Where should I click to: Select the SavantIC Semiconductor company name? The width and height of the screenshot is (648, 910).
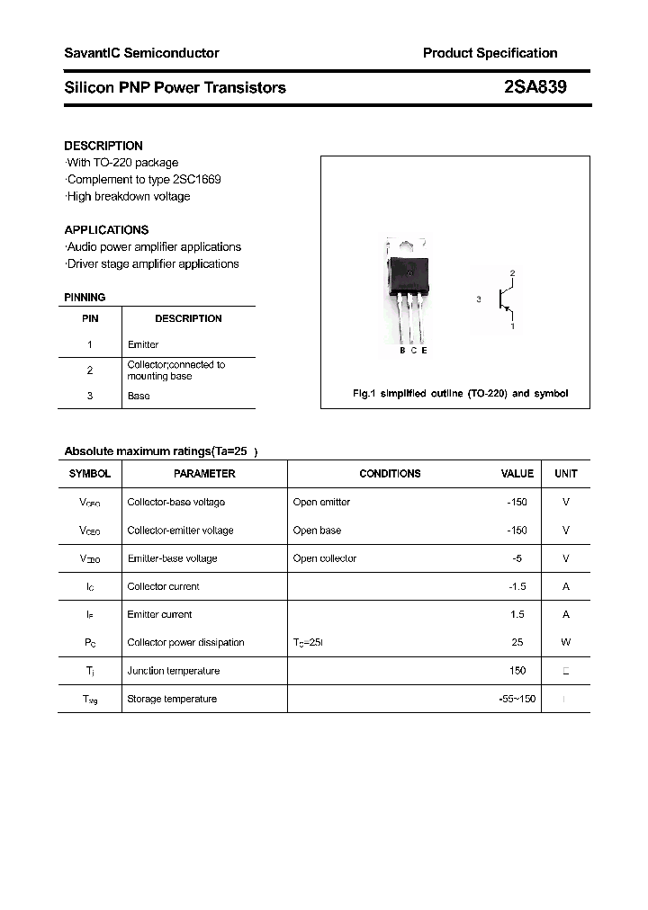click(x=141, y=53)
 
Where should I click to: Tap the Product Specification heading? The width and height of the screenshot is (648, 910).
click(x=490, y=53)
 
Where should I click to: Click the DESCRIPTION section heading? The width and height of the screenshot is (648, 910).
click(x=103, y=146)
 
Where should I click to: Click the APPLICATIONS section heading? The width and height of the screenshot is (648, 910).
click(x=106, y=229)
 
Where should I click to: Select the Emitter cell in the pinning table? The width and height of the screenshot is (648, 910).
click(x=143, y=344)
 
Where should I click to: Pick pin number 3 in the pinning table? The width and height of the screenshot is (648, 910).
click(x=90, y=396)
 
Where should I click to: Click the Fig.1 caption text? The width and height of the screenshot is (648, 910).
click(x=459, y=394)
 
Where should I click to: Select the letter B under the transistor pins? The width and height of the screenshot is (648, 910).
click(x=402, y=351)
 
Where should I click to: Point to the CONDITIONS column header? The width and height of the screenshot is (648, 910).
click(x=390, y=473)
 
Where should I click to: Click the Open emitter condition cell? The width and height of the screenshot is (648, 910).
click(x=321, y=502)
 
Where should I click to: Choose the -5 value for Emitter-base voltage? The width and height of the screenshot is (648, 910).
click(x=517, y=558)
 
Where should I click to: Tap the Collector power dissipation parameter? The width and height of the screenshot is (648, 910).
click(x=185, y=643)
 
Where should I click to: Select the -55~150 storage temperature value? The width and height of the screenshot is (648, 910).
click(x=516, y=699)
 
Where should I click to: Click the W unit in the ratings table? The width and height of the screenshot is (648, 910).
click(x=565, y=643)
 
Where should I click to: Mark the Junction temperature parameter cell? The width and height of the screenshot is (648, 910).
click(x=173, y=671)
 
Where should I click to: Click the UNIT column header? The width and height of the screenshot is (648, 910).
click(x=565, y=473)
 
